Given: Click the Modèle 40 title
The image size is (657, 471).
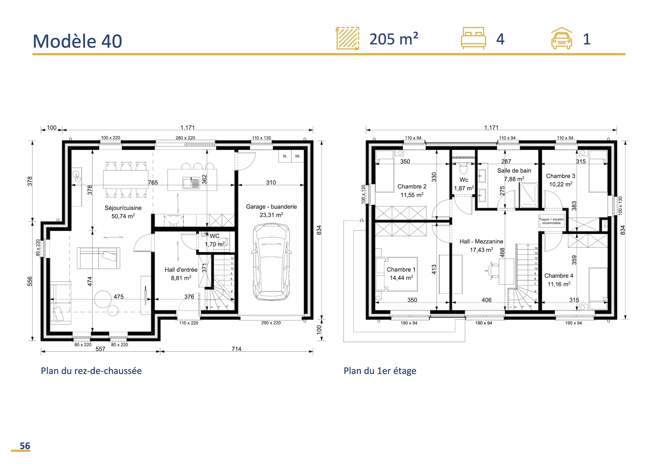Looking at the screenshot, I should (78, 41).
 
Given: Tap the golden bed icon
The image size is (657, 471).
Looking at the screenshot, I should (473, 38).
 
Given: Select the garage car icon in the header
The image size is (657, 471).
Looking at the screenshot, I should (561, 38).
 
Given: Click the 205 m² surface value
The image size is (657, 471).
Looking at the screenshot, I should (394, 39).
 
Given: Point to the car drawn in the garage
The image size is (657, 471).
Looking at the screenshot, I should (271, 262).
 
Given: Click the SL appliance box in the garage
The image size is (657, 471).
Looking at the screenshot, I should (285, 156).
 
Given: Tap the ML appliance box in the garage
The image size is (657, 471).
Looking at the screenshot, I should (298, 156).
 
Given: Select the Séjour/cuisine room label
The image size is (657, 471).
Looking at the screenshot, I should (123, 208).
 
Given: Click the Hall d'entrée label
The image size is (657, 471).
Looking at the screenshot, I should (181, 270).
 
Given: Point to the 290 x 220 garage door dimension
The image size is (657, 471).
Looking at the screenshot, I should (271, 323).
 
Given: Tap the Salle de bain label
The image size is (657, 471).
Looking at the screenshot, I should (514, 171).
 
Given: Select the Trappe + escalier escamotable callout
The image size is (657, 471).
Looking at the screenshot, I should (551, 221).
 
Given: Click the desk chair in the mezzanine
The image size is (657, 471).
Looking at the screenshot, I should (492, 271).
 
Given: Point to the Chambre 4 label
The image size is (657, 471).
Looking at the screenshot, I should (559, 276).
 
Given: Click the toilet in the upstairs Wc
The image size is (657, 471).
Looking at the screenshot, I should (463, 168).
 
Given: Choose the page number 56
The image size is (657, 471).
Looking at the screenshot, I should (25, 446).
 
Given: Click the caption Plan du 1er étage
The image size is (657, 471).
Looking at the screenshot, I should (380, 371).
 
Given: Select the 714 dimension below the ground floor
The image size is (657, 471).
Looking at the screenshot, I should (237, 349).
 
